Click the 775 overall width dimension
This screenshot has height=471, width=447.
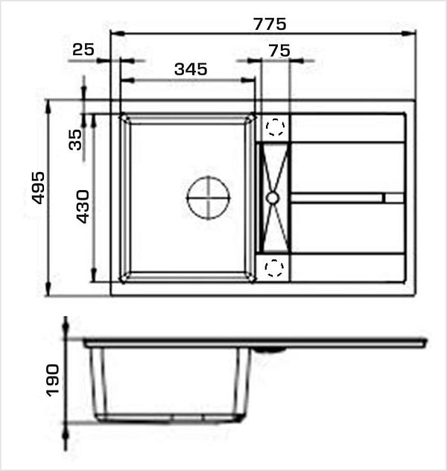pos(270,24)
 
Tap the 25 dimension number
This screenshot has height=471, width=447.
pos(83,49)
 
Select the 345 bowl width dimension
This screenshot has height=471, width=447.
pos(191,69)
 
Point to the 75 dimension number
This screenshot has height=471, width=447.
pos(279,51)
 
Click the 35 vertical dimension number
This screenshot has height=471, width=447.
pos(75,139)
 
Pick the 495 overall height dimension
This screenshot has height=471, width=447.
pos(39,188)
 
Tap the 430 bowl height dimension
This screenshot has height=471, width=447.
pos(83,206)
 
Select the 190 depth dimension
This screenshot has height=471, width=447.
pos(53,380)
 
